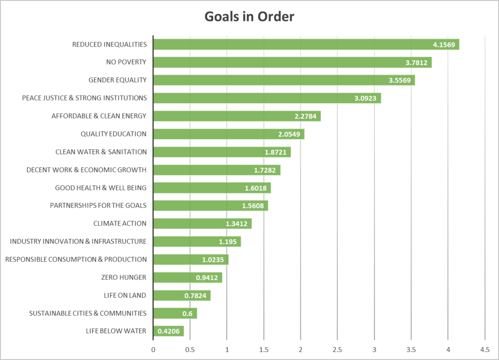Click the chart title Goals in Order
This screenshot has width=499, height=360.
(x=249, y=16)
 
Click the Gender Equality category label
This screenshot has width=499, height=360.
(x=117, y=80)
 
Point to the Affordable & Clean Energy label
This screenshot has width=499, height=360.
(x=99, y=116)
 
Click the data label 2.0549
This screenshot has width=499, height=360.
(x=289, y=134)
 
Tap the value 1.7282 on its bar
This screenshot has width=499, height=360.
(x=265, y=170)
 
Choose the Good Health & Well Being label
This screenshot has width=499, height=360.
(x=100, y=188)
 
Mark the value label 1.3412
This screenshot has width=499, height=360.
(x=237, y=224)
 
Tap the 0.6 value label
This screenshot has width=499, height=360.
(x=188, y=314)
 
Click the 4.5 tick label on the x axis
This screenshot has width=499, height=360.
(x=484, y=350)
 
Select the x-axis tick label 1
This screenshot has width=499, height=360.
(x=227, y=350)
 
